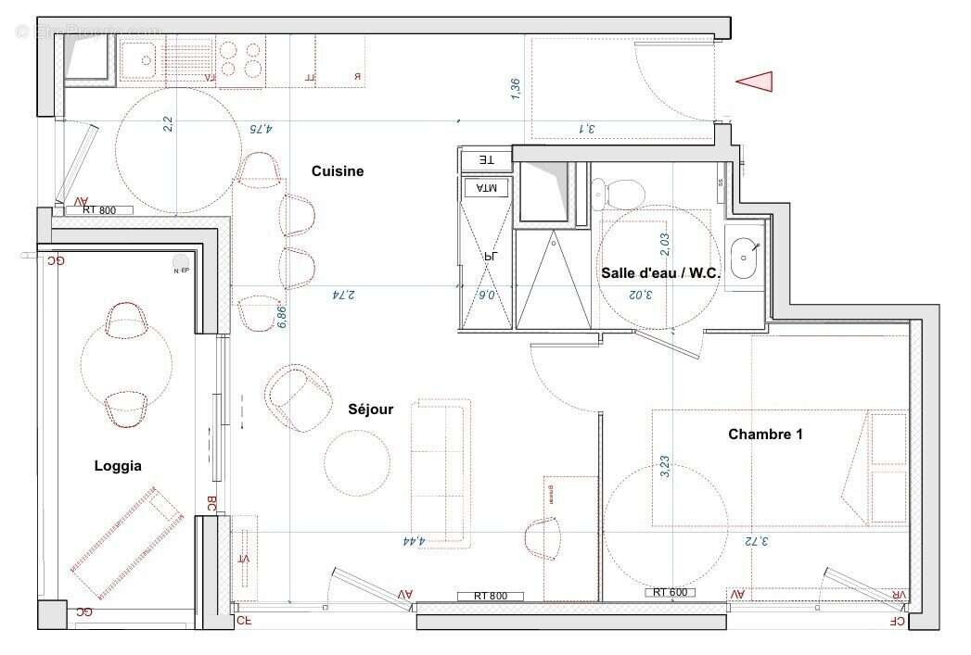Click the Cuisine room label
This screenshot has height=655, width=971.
[338, 171]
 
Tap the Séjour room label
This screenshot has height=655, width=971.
[371, 409]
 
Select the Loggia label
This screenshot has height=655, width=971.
[118, 466]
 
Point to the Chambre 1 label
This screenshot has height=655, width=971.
[765, 434]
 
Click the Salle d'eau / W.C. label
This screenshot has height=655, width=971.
[660, 273]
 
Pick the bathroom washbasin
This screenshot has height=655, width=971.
[745, 259]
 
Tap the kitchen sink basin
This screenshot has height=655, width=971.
[146, 62]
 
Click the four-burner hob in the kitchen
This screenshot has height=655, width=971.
[241, 61]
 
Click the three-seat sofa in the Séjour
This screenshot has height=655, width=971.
[441, 470]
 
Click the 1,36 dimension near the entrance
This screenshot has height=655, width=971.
[516, 88]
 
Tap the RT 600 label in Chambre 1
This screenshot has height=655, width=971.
[669, 591]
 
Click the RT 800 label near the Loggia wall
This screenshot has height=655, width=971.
[99, 211]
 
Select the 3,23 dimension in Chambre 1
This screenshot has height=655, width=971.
[664, 465]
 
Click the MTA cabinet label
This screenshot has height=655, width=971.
[486, 188]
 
